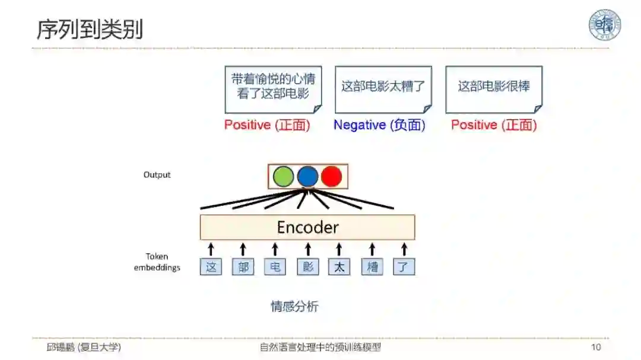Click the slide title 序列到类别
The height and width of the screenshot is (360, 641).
(90, 28)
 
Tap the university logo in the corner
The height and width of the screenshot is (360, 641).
(604, 25)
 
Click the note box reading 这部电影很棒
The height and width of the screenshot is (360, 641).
(494, 89)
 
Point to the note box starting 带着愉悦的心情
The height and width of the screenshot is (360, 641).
(273, 89)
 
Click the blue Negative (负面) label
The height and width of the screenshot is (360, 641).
(379, 125)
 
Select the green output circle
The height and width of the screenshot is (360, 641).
(283, 177)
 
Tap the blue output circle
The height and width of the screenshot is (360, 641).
(307, 177)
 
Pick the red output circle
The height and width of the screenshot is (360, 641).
(331, 177)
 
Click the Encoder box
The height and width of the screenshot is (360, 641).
(307, 227)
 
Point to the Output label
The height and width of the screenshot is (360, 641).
(157, 175)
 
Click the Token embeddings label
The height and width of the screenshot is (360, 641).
(157, 262)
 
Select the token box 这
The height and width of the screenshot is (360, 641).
(211, 267)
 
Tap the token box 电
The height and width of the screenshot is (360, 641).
(275, 267)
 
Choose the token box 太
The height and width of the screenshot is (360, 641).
(339, 267)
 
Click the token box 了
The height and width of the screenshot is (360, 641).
(404, 267)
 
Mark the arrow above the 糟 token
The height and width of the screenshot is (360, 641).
(372, 249)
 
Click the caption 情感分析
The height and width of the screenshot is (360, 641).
(294, 307)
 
